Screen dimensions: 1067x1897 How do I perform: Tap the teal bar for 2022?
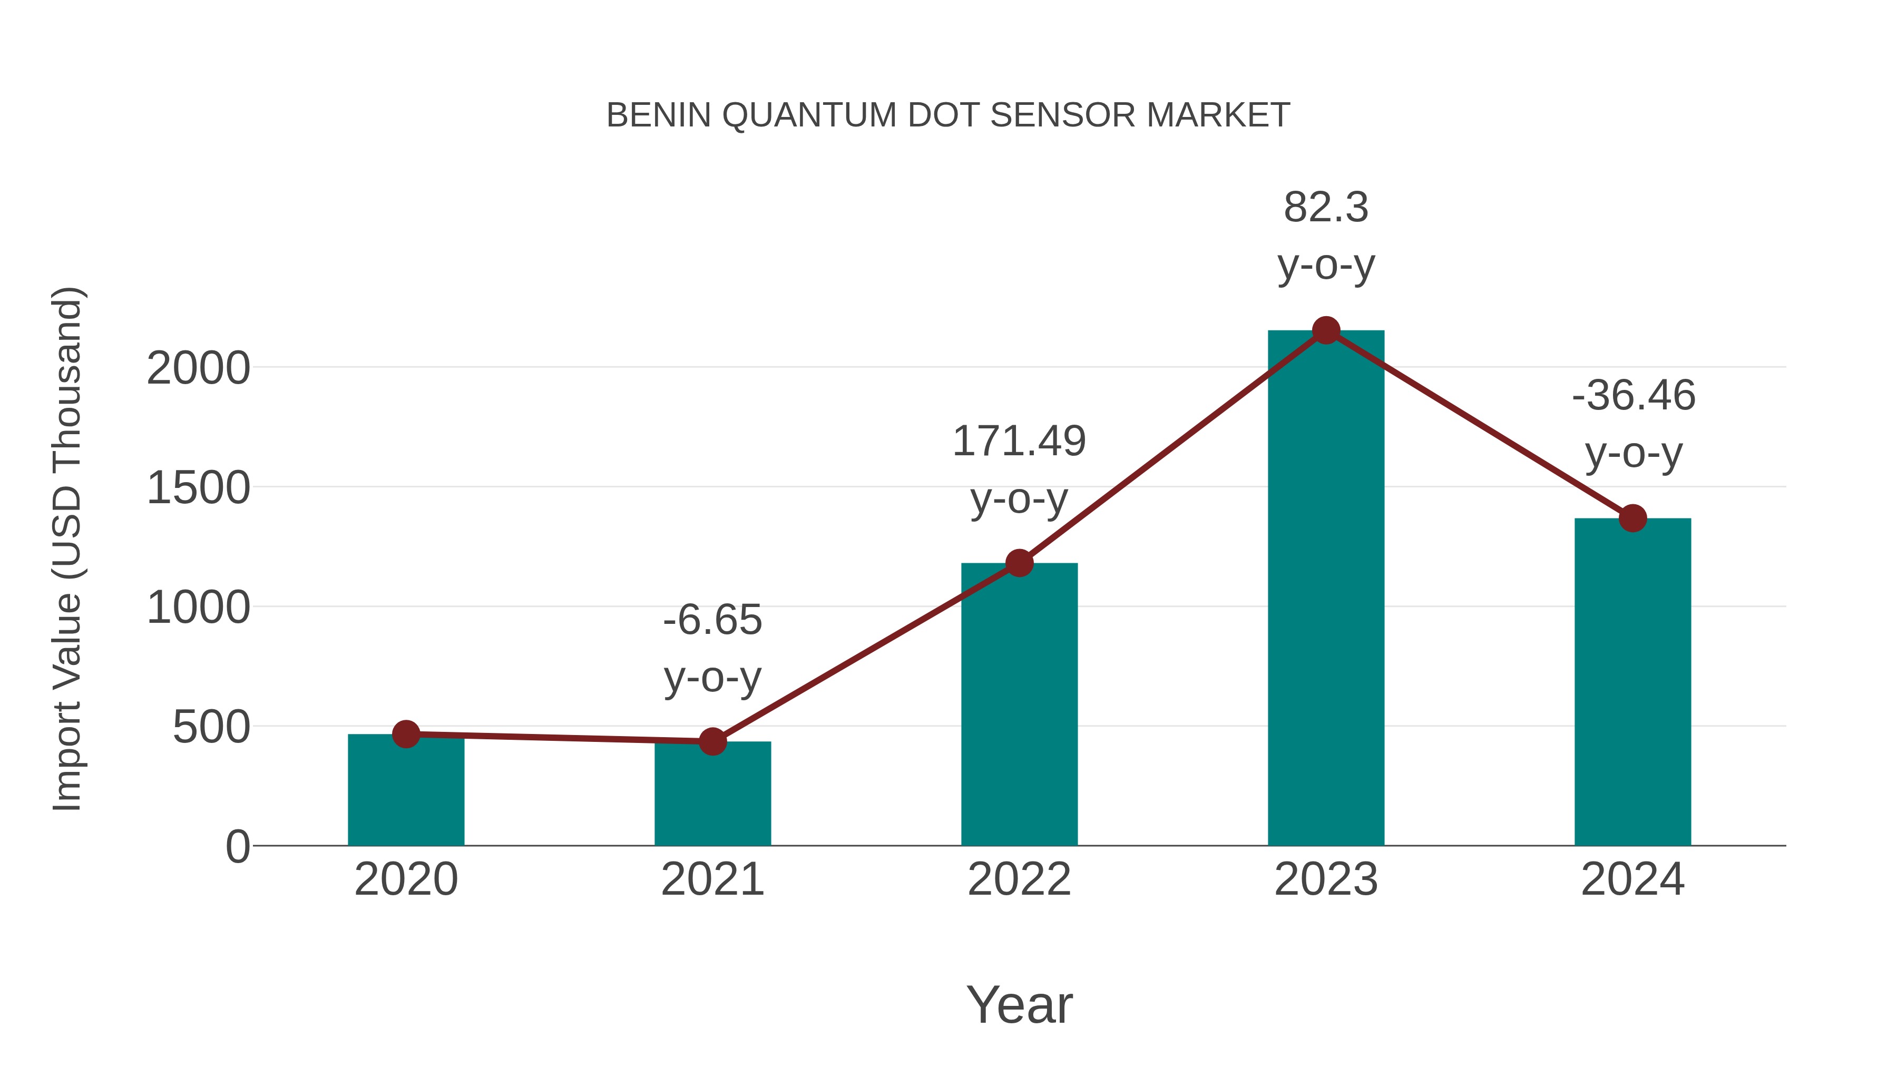(x=1019, y=707)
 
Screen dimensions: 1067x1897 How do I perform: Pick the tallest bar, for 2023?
(x=1326, y=589)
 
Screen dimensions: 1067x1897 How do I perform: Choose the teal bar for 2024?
(x=1632, y=685)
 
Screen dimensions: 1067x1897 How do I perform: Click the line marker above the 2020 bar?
(x=406, y=733)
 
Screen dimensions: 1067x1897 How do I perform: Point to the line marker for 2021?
(x=712, y=741)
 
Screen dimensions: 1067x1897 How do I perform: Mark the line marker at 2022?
(x=1019, y=563)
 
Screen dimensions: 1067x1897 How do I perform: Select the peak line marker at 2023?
(x=1326, y=330)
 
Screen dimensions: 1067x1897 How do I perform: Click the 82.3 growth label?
(x=1326, y=208)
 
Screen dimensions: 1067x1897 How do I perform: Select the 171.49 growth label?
(x=1019, y=442)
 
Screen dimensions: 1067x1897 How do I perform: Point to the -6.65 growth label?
(x=712, y=620)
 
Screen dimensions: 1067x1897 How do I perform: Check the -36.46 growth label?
(x=1632, y=396)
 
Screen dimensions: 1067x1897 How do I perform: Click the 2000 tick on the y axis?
(x=198, y=368)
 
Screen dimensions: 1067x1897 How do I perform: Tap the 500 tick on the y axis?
(x=211, y=728)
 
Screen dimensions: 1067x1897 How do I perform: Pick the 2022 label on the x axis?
(x=1019, y=879)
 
